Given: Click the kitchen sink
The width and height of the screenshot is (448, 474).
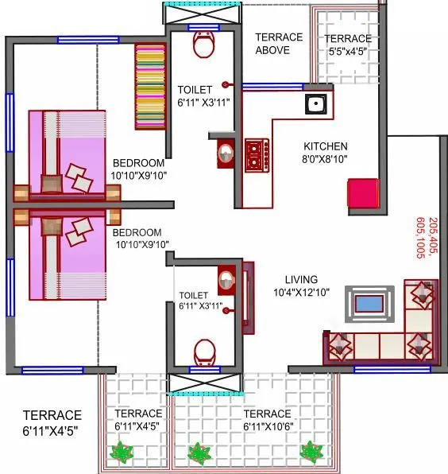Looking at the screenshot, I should pyautogui.click(x=315, y=103).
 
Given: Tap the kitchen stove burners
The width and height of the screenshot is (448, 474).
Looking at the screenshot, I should pyautogui.click(x=257, y=154).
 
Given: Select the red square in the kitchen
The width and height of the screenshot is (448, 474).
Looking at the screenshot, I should pyautogui.click(x=362, y=194).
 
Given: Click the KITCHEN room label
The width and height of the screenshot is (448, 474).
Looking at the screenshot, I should pyautogui.click(x=326, y=146).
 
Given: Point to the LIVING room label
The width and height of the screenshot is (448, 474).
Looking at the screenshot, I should pyautogui.click(x=302, y=280).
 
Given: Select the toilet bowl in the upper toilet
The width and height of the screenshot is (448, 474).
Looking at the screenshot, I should pyautogui.click(x=203, y=46).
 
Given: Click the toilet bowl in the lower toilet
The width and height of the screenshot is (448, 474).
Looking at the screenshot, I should pyautogui.click(x=204, y=350).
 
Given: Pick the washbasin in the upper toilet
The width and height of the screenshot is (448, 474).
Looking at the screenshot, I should pyautogui.click(x=226, y=153).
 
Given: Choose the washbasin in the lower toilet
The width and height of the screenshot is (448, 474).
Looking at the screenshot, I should pyautogui.click(x=227, y=279).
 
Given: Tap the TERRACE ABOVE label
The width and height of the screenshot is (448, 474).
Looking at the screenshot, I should pyautogui.click(x=278, y=44).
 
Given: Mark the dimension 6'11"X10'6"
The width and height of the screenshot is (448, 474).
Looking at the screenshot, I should pyautogui.click(x=267, y=427).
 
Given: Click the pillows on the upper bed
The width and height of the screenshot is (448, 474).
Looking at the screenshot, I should pyautogui.click(x=79, y=177).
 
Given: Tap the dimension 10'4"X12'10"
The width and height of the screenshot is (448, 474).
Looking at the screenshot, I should pyautogui.click(x=302, y=293).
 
